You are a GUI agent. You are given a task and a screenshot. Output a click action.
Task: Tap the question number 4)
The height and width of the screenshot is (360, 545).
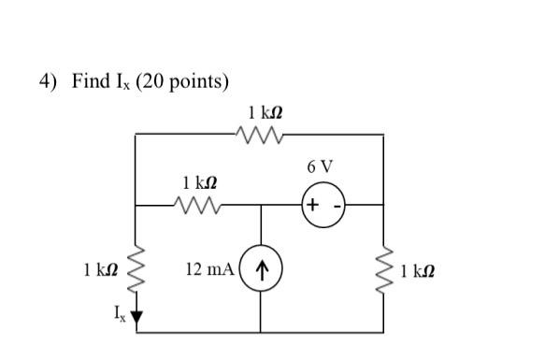tap(50, 82)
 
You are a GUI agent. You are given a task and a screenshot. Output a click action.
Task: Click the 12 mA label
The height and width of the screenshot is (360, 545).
tap(209, 269)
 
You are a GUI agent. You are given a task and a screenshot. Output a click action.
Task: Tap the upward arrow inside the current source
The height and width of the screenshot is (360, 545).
tap(263, 271)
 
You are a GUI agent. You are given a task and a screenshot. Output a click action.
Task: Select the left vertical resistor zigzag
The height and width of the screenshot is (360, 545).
tap(137, 269)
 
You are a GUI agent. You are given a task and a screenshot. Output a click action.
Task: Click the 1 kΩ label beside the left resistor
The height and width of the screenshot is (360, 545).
tap(100, 270)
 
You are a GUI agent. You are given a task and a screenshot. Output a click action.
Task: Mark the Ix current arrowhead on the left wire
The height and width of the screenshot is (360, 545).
tap(137, 316)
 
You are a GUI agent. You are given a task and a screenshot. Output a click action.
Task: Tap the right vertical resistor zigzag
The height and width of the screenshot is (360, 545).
tap(384, 269)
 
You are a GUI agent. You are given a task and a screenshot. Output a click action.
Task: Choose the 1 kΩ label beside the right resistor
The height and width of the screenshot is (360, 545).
tap(416, 272)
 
